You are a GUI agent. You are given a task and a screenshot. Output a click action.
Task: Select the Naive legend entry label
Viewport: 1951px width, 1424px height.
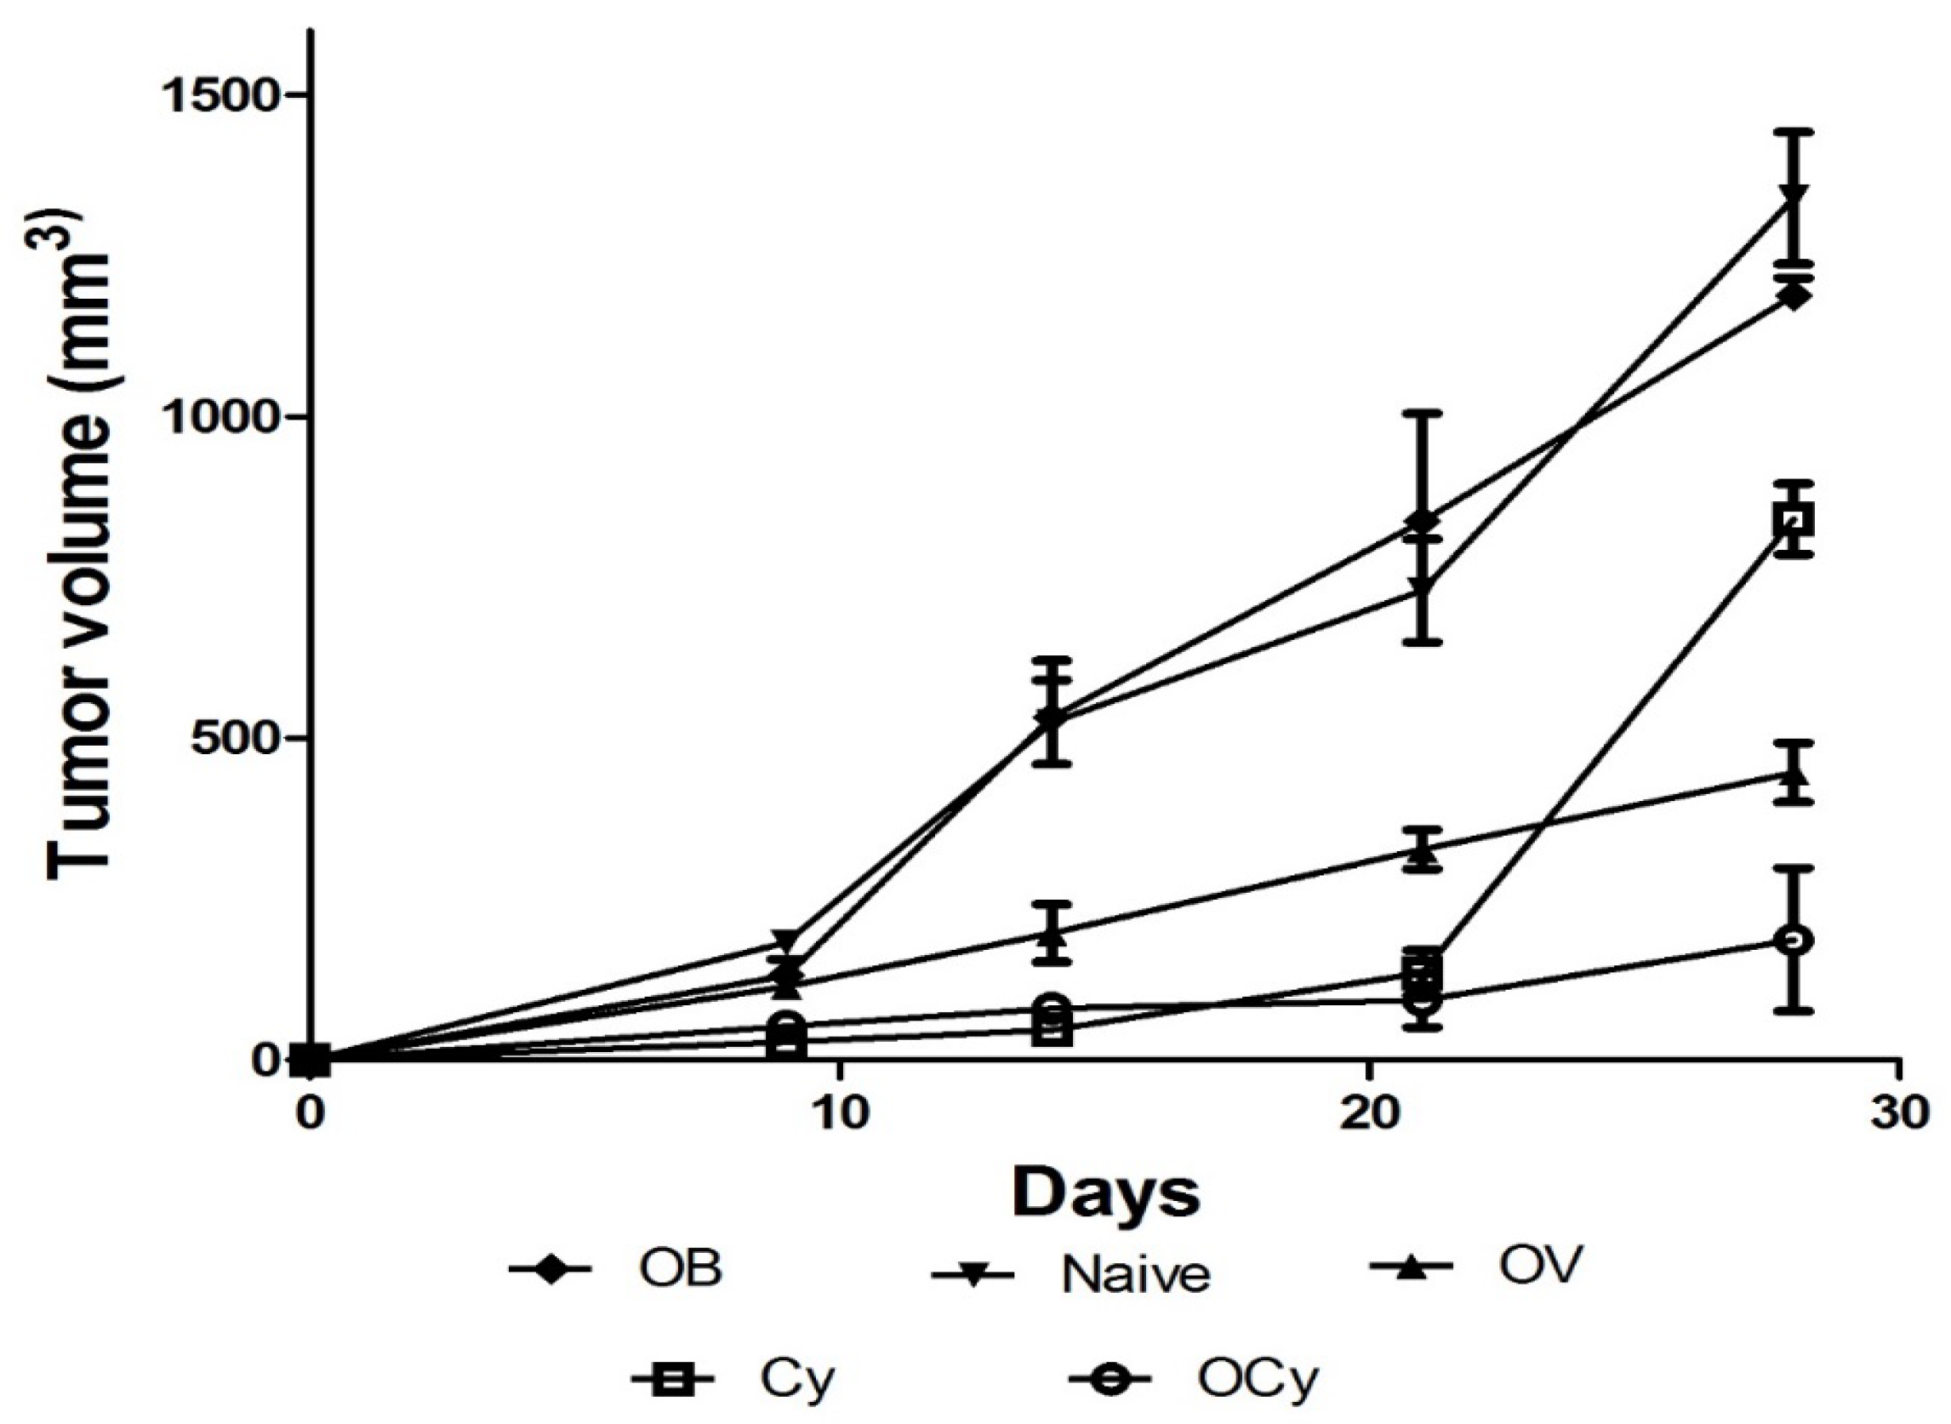coord(1135,1275)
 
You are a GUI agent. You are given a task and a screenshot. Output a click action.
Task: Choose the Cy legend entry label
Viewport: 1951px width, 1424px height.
coord(797,1381)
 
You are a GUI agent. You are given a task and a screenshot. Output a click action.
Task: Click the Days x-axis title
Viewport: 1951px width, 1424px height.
coord(1105,1193)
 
